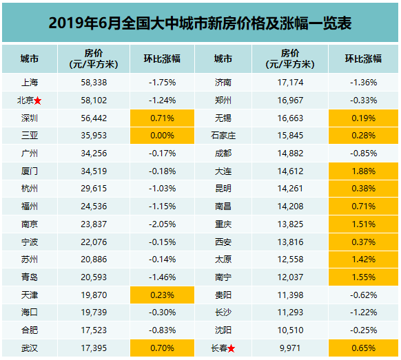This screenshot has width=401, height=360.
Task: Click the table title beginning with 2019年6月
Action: (200, 23)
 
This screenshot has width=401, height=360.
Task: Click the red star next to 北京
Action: (38, 100)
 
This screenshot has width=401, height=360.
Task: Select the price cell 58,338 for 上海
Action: (94, 82)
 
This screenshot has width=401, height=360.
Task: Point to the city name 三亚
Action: (30, 135)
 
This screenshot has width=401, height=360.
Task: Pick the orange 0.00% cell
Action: (163, 135)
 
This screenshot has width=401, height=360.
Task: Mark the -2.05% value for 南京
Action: (163, 224)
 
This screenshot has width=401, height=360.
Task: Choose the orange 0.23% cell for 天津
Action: (163, 295)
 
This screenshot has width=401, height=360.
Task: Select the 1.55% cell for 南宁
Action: (362, 277)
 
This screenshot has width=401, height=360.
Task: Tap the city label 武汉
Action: (30, 348)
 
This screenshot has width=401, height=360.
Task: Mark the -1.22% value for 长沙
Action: (362, 313)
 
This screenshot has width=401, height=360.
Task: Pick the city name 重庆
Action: (223, 224)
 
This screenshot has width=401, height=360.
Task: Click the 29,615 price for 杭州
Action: (94, 188)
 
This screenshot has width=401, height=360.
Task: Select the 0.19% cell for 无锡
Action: (362, 117)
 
